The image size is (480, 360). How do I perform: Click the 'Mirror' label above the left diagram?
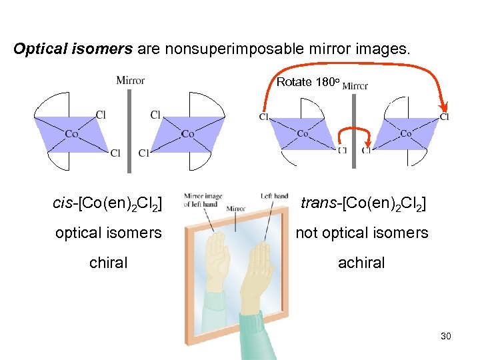click(x=130, y=81)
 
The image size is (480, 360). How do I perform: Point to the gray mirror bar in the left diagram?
click(x=129, y=127)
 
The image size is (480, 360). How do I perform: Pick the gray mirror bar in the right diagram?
click(x=355, y=127)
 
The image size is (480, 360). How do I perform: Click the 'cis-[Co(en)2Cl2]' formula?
click(x=107, y=203)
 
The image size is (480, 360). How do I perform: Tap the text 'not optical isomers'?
click(x=361, y=233)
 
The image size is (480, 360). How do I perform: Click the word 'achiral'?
click(x=361, y=263)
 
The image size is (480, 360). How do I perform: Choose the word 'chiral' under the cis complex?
click(x=108, y=263)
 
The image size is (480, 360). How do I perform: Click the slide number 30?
click(x=446, y=336)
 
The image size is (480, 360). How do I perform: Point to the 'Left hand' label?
click(x=274, y=195)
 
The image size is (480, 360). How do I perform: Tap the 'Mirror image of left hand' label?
click(x=203, y=200)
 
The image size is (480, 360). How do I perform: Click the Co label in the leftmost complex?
click(x=71, y=134)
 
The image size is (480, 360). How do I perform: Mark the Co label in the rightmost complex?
click(x=405, y=133)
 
